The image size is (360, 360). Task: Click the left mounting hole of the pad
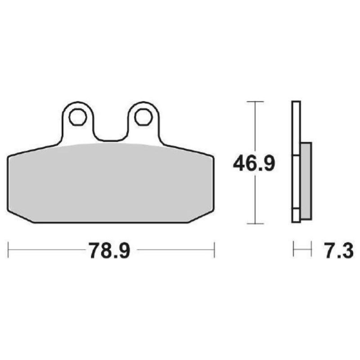[78, 117]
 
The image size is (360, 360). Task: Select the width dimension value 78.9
[109, 250]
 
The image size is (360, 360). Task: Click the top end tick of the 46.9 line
[255, 102]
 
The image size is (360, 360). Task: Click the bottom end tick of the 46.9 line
[255, 224]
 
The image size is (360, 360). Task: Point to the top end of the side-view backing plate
[296, 103]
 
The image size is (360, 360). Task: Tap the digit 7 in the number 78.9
[95, 250]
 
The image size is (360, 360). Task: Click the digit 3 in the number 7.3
[346, 250]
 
